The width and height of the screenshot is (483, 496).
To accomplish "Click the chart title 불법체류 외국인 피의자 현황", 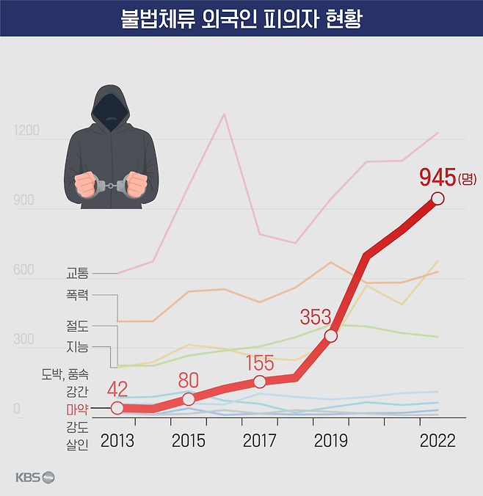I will click(241, 18).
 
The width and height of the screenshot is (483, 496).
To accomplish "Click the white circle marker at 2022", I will click(437, 198).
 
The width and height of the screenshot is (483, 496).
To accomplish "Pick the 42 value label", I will click(118, 390).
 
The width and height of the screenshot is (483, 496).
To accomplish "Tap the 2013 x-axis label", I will click(117, 441).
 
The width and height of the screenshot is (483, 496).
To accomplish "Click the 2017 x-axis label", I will click(259, 441).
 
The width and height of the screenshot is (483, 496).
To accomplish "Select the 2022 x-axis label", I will click(437, 441).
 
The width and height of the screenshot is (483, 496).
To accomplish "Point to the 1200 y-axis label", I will click(26, 132).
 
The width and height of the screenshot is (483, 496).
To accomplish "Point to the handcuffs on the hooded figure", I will click(112, 185).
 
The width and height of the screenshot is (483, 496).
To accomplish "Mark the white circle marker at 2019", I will click(330, 336).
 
